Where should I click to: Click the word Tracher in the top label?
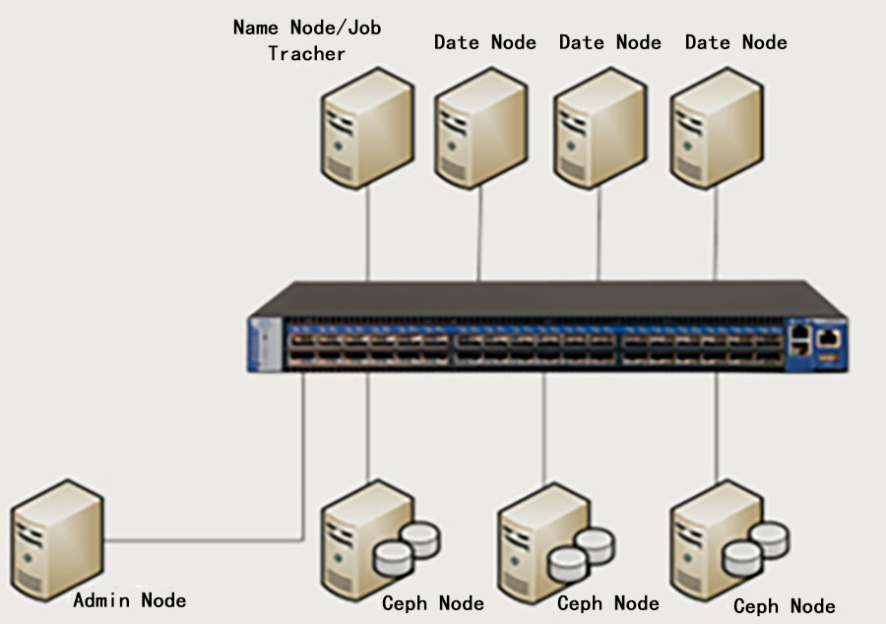[306, 54]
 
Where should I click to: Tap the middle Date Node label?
[609, 42]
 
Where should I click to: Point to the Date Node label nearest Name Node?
[485, 42]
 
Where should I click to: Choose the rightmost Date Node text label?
[735, 42]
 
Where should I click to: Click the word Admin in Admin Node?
[102, 599]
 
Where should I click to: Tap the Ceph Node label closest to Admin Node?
[433, 602]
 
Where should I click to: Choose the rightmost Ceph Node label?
[784, 606]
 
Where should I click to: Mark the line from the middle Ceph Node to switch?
[543, 428]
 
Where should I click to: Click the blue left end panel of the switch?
[265, 343]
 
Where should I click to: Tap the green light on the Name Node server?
[340, 146]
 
